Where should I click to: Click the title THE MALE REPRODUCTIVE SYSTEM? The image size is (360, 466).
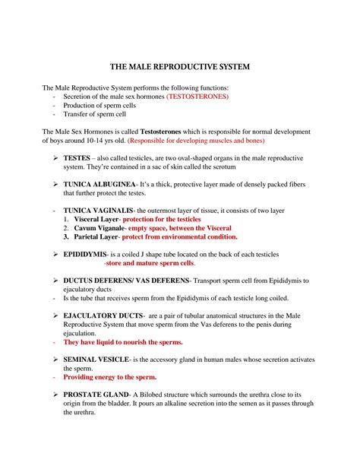click(179, 68)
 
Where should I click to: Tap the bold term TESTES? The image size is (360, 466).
click(81, 157)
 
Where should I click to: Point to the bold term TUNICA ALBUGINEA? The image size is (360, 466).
click(100, 185)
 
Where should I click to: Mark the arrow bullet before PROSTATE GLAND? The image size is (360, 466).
click(55, 395)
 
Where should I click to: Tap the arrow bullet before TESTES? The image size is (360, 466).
click(55, 157)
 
